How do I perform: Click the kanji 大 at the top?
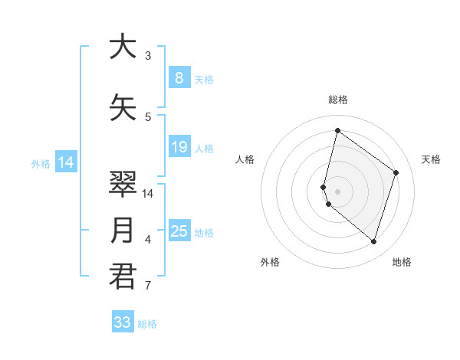[123, 47]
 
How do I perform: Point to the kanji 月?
[123, 231]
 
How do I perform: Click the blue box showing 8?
[179, 77]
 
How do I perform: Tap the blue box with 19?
[179, 147]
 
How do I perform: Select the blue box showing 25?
[179, 231]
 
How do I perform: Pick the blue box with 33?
[123, 322]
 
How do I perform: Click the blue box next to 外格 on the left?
[66, 162]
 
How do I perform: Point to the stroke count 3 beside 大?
[148, 56]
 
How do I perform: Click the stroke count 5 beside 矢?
[148, 117]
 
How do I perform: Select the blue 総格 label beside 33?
[147, 324]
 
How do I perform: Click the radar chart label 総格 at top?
[337, 100]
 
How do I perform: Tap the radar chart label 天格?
[432, 159]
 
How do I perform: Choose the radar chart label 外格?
[270, 262]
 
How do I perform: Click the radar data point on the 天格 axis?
[396, 172]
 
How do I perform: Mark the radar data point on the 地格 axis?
[373, 242]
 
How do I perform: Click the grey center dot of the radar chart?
[337, 191]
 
